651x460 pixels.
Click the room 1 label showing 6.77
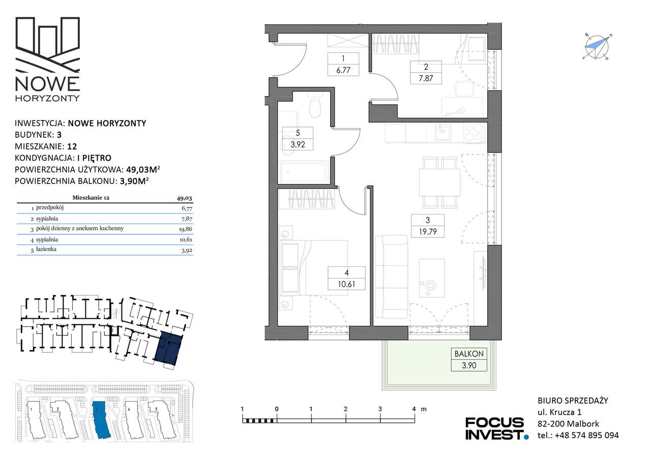343,64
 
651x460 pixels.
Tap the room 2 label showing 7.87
426,72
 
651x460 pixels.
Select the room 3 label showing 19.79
428,226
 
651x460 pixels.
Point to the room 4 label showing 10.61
346,278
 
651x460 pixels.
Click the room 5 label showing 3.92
298,139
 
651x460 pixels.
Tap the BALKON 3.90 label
469,359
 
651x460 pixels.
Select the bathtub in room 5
304,172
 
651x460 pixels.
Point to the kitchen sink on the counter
443,132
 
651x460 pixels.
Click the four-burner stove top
475,133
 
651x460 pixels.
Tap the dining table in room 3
440,182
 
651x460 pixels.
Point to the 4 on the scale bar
414,409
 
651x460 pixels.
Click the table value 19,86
186,229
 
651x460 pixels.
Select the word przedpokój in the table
50,207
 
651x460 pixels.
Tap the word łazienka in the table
46,249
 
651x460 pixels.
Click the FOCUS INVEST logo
496,428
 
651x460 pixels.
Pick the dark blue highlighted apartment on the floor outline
168,349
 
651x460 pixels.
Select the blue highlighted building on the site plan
101,420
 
